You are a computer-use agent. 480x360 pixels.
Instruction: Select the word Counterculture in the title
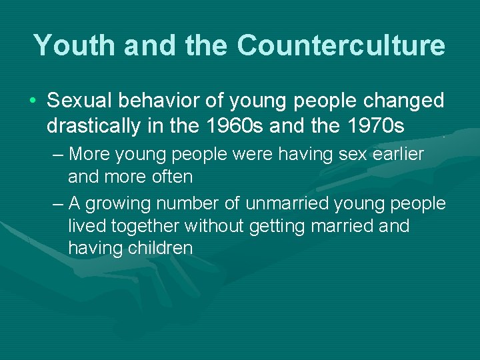(340, 45)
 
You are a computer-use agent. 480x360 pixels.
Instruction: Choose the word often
(173, 177)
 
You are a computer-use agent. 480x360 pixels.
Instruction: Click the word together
(146, 226)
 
